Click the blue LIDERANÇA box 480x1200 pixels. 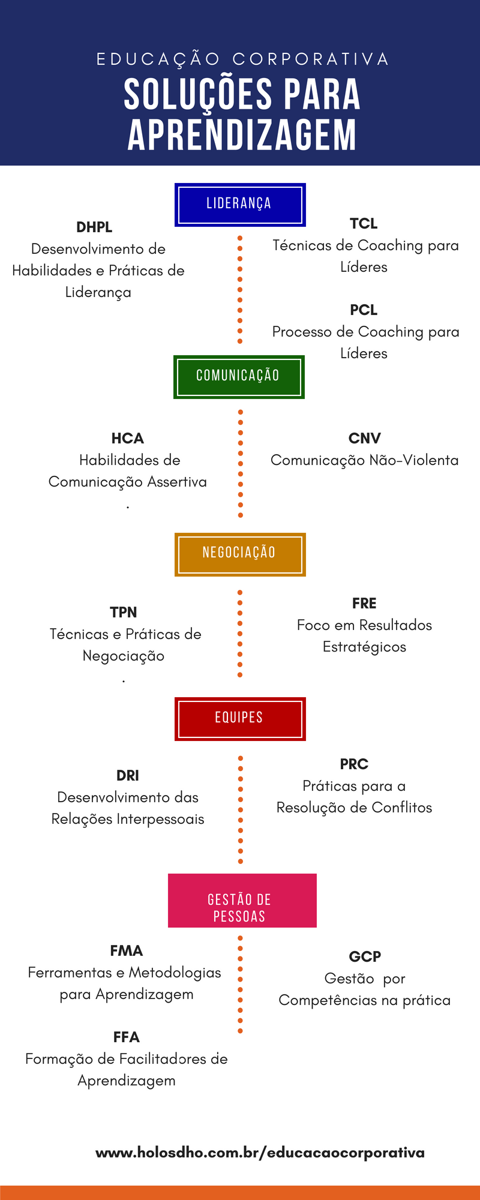pos(240,205)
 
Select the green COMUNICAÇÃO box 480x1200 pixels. pos(239,377)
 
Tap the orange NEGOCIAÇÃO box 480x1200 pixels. pos(240,554)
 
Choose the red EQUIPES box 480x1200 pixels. pos(240,719)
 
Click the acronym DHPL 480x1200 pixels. pos(94,227)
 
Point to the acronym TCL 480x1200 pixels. pos(364,224)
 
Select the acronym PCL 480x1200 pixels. pos(364,310)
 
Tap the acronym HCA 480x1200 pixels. pos(127,439)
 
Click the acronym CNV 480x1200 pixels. pos(364,439)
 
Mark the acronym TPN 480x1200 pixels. pos(124,613)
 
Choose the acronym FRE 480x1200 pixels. pos(364,604)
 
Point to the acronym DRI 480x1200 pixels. pos(128,776)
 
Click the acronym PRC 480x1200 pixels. pos(354,764)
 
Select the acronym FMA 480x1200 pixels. pos(127,951)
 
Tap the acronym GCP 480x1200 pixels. pos(365,957)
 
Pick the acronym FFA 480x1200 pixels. pos(127,1037)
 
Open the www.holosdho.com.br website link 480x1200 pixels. pos(260,1153)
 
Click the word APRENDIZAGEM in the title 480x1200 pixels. pos(242,135)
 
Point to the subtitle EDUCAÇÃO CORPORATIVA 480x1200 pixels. pos(242,59)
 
